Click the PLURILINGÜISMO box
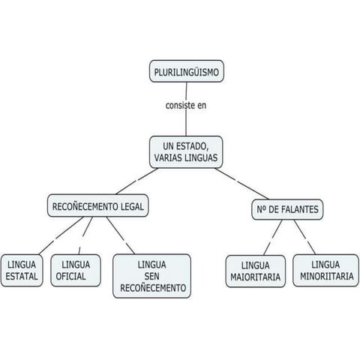pos(186,72)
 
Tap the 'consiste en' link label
pos(186,105)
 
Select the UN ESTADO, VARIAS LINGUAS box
pos(186,151)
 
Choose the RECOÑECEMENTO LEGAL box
pos(97,205)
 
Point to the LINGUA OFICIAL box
pos(76,270)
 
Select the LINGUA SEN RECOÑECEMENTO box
pos(152,276)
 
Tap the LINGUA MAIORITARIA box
pos(256,271)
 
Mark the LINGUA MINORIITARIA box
pos(325,270)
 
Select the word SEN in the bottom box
pos(152,276)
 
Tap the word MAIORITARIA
pos(256,277)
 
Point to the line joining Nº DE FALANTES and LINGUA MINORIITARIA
pos(306,236)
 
